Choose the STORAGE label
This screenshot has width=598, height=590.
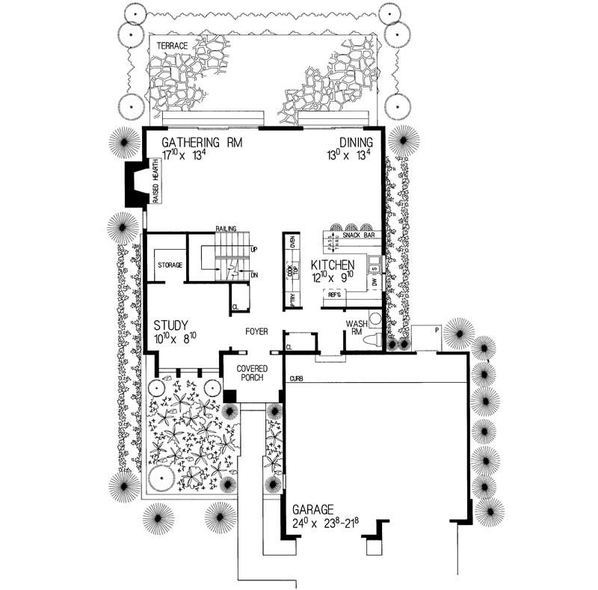pyautogui.click(x=170, y=265)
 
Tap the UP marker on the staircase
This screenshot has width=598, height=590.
pyautogui.click(x=254, y=249)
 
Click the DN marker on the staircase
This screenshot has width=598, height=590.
pyautogui.click(x=254, y=275)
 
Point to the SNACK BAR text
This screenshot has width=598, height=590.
pyautogui.click(x=357, y=235)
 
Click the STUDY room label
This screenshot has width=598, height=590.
pyautogui.click(x=171, y=326)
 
